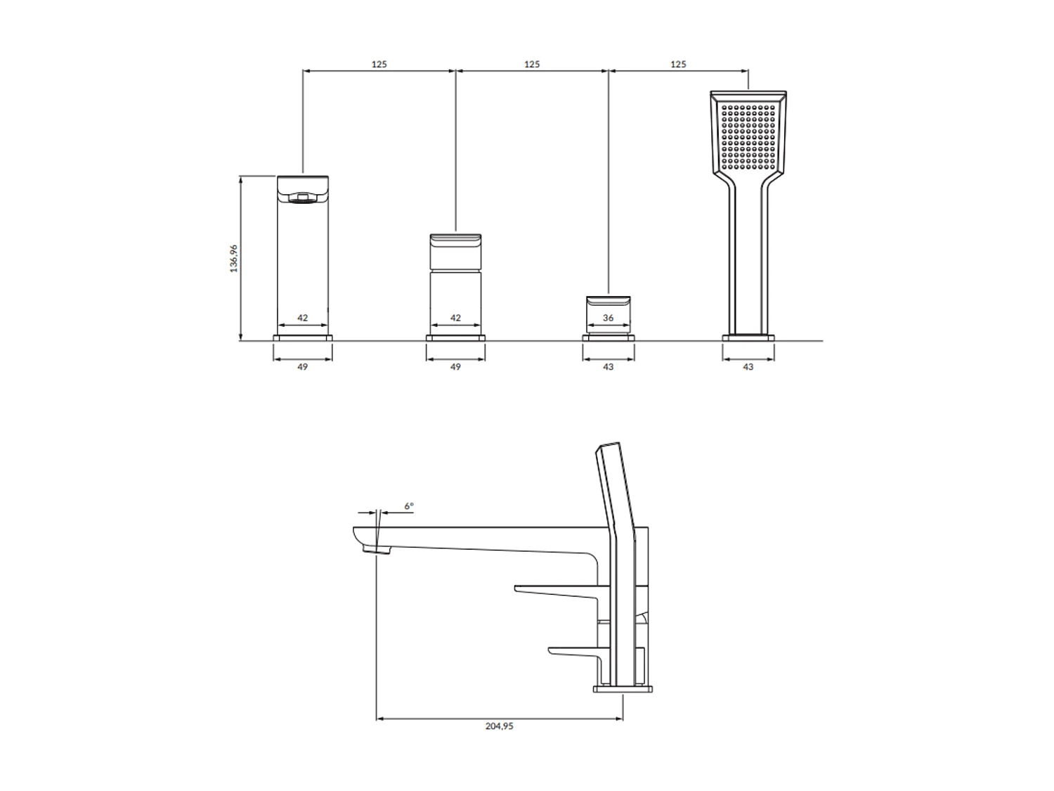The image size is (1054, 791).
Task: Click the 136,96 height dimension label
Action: pos(234,258)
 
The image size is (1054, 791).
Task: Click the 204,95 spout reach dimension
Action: pos(499,726)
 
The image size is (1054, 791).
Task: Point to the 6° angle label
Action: pos(409,506)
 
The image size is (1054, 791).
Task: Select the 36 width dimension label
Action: pos(608,318)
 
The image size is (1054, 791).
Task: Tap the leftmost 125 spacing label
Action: pos(379,64)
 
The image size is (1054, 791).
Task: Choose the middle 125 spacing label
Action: pos(531,64)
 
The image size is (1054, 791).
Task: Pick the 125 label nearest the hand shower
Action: pos(678,64)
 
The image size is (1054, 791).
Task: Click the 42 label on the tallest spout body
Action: pos(303,318)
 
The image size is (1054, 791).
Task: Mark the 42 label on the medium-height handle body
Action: pos(455,318)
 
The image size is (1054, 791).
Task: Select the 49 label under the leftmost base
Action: pos(303,367)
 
